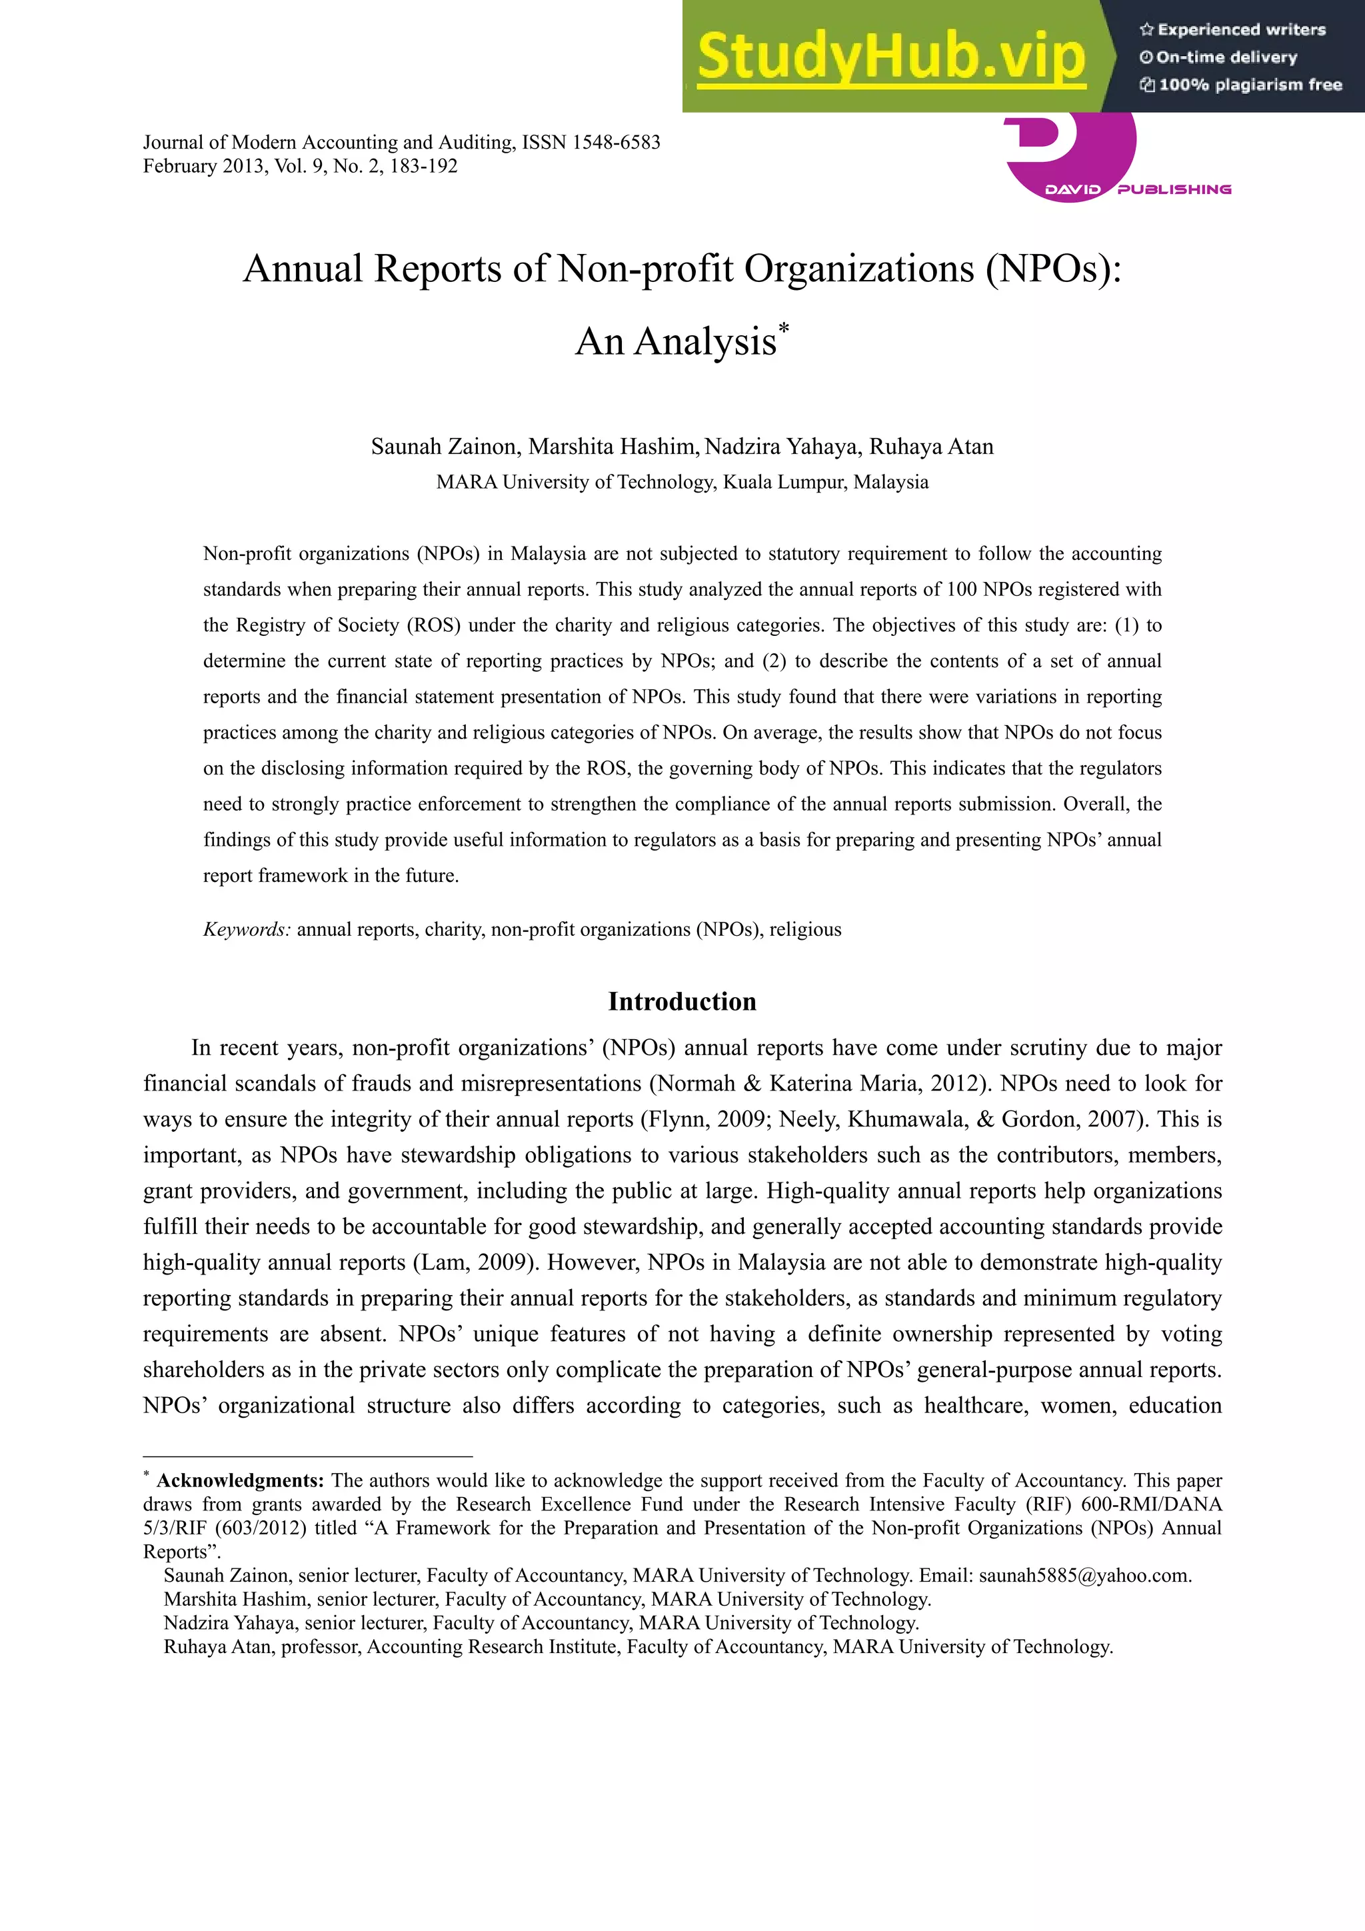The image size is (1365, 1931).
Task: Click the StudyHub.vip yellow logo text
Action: pyautogui.click(x=892, y=57)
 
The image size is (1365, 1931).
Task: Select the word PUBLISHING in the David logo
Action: pyautogui.click(x=1174, y=189)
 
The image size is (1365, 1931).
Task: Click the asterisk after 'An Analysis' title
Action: pyautogui.click(x=784, y=328)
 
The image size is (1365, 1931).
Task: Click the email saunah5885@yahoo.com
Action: pyautogui.click(x=1084, y=1575)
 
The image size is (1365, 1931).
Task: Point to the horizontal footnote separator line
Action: pyautogui.click(x=308, y=1456)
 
